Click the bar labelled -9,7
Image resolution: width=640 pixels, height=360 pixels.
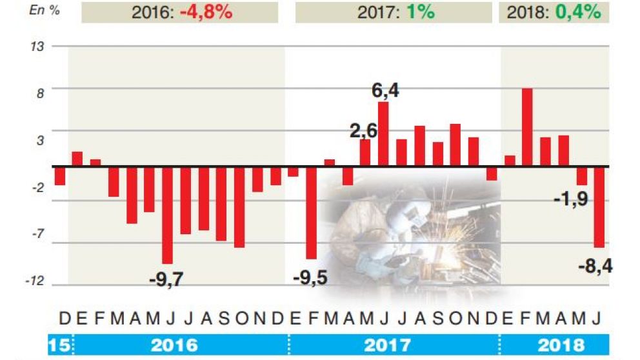click(x=168, y=214)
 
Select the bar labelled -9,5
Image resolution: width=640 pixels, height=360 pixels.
click(x=312, y=212)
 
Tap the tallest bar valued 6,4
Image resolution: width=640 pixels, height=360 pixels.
click(x=383, y=134)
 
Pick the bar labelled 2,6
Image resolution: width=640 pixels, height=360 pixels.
click(x=365, y=152)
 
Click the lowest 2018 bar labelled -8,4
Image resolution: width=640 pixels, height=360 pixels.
click(x=599, y=206)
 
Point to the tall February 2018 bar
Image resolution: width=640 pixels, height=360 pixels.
click(x=527, y=126)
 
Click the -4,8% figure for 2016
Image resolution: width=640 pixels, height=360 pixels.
click(x=206, y=12)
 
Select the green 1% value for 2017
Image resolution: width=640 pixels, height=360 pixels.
click(x=420, y=12)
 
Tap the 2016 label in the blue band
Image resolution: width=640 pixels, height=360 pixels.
click(x=175, y=345)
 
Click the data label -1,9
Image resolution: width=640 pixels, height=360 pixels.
click(x=570, y=199)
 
